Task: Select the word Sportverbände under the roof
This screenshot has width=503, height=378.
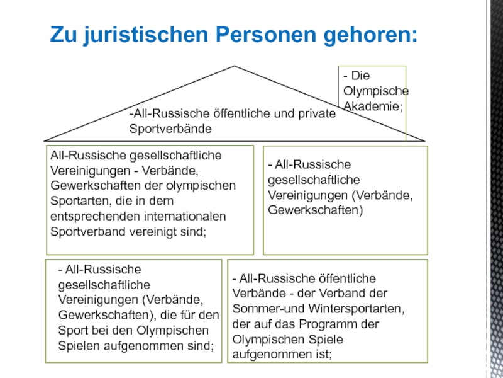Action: pyautogui.click(x=170, y=129)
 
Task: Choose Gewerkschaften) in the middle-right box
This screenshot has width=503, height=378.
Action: pyautogui.click(x=316, y=210)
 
